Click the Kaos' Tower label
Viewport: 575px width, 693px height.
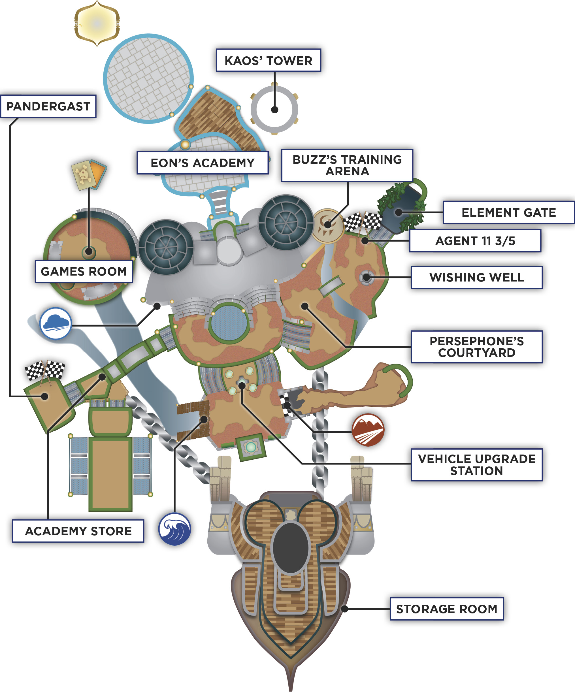(x=268, y=60)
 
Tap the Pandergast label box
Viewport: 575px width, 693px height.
(x=48, y=106)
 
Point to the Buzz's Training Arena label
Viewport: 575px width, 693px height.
(x=347, y=165)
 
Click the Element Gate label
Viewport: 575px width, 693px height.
(x=509, y=212)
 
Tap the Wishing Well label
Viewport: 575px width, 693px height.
(x=477, y=277)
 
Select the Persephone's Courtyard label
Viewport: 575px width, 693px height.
(x=477, y=347)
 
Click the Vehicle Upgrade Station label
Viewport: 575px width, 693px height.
(x=477, y=465)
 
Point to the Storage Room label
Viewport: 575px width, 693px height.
(x=447, y=609)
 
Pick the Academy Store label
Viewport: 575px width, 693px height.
(x=78, y=531)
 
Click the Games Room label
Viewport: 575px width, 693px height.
(x=84, y=271)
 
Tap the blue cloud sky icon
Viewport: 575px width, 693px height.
(x=56, y=323)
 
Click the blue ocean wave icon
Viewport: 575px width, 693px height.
(x=174, y=529)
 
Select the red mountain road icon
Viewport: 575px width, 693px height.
(x=368, y=430)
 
